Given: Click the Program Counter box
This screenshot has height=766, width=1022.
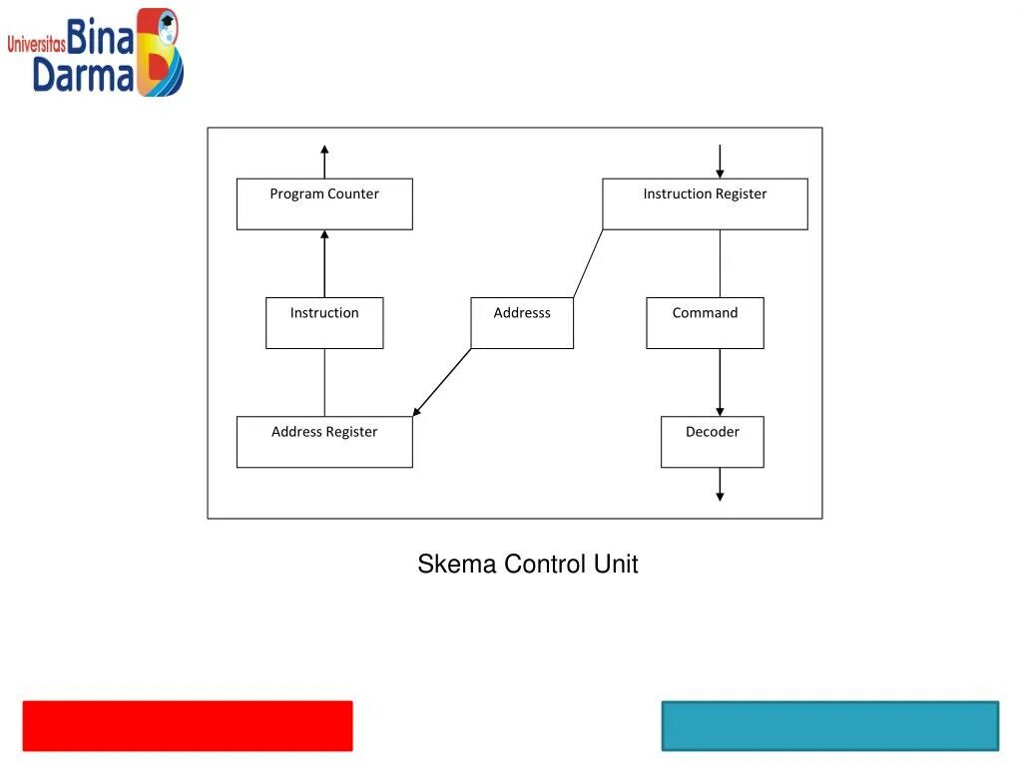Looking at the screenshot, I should click(324, 204).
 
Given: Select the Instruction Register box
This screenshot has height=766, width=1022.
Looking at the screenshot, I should click(705, 204).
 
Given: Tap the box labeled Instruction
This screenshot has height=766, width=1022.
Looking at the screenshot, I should click(324, 323).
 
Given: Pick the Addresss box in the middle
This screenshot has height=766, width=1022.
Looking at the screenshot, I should click(522, 323).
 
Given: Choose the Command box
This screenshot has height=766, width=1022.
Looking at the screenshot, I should click(705, 323).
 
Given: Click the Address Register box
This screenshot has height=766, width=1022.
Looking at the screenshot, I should click(324, 442).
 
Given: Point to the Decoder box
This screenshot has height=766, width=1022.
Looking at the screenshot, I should click(712, 442).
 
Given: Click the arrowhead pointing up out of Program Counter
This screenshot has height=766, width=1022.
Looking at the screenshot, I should click(324, 150).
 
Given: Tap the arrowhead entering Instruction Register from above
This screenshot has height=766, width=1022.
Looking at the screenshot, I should click(720, 174).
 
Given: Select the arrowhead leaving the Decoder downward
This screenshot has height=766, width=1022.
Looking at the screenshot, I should click(720, 496).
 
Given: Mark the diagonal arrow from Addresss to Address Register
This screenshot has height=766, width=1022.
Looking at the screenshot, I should click(442, 382).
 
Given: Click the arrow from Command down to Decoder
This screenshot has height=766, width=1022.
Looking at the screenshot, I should click(720, 383).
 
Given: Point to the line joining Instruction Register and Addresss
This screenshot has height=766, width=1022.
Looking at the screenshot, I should click(588, 263).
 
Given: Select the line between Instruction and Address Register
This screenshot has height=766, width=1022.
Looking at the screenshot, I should click(324, 382).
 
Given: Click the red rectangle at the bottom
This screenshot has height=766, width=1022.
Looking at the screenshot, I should click(188, 725).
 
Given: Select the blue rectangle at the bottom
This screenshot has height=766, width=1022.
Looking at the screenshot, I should click(829, 725).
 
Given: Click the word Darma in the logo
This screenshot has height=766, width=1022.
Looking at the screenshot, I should click(83, 76).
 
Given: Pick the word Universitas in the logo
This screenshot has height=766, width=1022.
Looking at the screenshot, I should click(36, 44).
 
